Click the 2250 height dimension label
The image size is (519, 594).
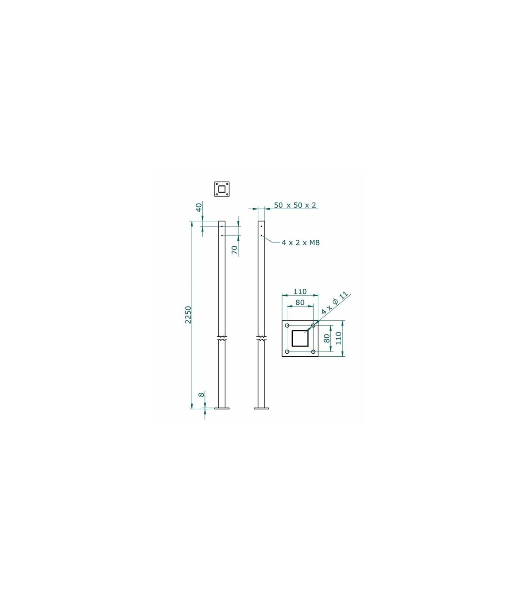coord(189,315)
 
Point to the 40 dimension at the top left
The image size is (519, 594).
coord(199,207)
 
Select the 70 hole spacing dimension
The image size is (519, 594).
coord(235,250)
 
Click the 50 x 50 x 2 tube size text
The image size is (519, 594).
coord(295,205)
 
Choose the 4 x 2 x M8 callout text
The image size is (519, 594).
coord(301,242)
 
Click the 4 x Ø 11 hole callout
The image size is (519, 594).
coord(335,303)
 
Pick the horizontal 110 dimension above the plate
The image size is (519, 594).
coord(300,291)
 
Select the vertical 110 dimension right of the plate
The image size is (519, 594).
coord(339,338)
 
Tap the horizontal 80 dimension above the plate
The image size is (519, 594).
coord(300,302)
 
